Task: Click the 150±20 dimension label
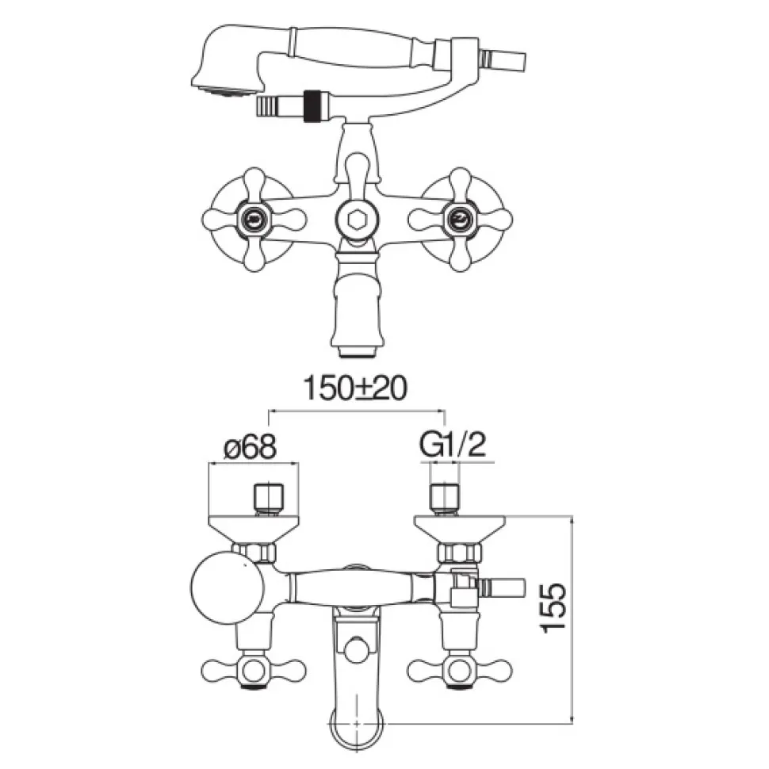click(355, 388)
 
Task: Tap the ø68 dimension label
click(250, 447)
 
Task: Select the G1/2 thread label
click(452, 446)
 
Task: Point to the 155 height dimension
click(553, 607)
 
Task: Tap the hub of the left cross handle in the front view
click(254, 220)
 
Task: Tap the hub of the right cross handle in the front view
click(460, 220)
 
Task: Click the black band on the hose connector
click(310, 105)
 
